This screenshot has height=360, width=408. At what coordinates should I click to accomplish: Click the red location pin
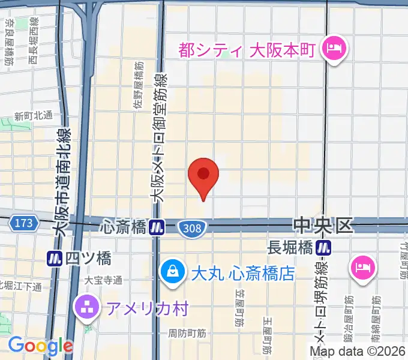203,176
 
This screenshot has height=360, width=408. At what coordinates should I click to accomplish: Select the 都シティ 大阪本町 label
246,49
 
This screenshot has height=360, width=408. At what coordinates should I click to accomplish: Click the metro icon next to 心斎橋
158,227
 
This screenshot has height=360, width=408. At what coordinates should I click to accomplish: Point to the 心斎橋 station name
124,227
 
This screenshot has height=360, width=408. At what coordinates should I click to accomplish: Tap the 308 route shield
193,227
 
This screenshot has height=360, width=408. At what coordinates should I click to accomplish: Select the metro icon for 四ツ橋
55,259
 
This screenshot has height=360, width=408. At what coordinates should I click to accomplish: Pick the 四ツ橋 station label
88,259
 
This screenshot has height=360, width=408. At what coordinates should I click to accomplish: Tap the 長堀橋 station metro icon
325,246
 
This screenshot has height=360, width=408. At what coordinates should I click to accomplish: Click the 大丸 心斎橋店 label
242,274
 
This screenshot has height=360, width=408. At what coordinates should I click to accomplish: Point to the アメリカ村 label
147,308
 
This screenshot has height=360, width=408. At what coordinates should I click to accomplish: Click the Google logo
40,346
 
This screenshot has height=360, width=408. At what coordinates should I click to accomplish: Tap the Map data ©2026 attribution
358,352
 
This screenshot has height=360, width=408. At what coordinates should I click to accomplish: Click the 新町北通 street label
34,116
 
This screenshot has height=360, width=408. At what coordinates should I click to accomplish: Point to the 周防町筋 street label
187,332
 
